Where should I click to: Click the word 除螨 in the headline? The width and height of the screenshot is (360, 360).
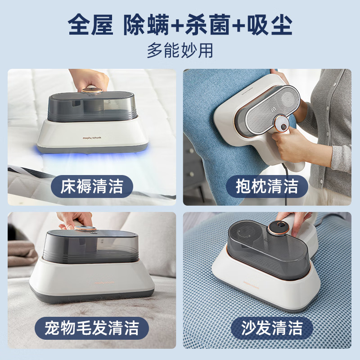pyautogui.click(x=146, y=25)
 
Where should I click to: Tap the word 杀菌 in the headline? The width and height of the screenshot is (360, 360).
pyautogui.click(x=208, y=25)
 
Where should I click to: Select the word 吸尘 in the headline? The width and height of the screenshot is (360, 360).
pyautogui.click(x=270, y=25)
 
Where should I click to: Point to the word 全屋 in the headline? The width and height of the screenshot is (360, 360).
pyautogui.click(x=90, y=25)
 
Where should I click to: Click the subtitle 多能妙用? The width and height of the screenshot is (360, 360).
pyautogui.click(x=180, y=50)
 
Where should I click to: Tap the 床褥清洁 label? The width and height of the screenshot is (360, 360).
pyautogui.click(x=92, y=186)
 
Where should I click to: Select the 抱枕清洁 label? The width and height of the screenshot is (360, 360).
pyautogui.click(x=267, y=186)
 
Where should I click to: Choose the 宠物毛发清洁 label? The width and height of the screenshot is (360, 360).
pyautogui.click(x=92, y=328)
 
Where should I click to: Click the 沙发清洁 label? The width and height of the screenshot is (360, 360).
pyautogui.click(x=272, y=328)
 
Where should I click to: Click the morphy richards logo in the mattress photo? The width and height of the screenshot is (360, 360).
pyautogui.click(x=92, y=138)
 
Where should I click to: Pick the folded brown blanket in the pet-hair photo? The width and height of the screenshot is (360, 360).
pyautogui.click(x=22, y=253)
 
